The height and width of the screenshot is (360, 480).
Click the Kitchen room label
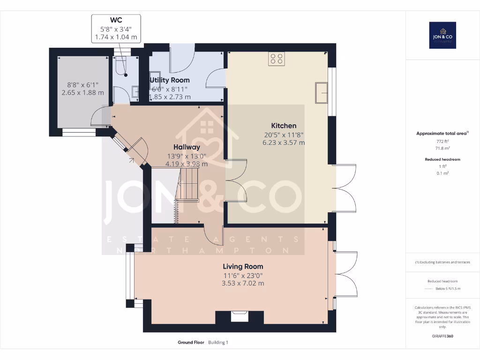coord(284,126)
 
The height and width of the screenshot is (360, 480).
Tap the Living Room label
coord(243,266)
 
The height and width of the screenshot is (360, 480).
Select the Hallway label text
coord(187,147)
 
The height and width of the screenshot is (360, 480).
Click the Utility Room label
coord(170,80)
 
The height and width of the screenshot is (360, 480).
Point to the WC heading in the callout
coord(116,20)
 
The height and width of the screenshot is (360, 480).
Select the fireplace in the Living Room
coord(240,317)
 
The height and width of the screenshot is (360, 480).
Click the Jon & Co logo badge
coord(442,35)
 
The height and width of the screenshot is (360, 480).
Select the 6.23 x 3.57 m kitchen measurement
coord(284,142)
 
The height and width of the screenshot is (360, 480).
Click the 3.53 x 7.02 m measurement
coord(243,283)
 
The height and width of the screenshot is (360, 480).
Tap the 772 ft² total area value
coord(442,141)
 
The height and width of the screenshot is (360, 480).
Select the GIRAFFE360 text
coord(442,336)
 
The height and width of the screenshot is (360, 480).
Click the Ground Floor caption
coord(191,343)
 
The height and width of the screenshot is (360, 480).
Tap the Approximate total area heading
coord(442,134)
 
